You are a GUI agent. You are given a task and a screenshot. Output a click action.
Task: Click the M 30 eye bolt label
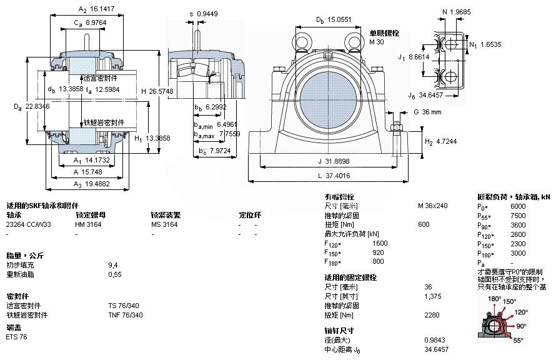pyautogui.click(x=376, y=42)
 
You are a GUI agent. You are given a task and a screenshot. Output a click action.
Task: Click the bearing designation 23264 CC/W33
pyautogui.click(x=29, y=224)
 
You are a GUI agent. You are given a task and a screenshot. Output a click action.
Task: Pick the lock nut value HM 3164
pyautogui.click(x=89, y=224)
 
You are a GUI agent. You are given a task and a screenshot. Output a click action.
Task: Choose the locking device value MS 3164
pyautogui.click(x=164, y=224)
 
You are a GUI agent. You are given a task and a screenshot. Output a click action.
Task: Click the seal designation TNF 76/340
pyautogui.click(x=126, y=315)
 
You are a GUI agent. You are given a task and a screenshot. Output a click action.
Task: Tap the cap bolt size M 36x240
pyautogui.click(x=433, y=206)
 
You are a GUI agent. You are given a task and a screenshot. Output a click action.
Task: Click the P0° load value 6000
pyautogui.click(x=519, y=206)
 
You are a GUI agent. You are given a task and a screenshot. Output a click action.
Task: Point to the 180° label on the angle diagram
pyautogui.click(x=495, y=299)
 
